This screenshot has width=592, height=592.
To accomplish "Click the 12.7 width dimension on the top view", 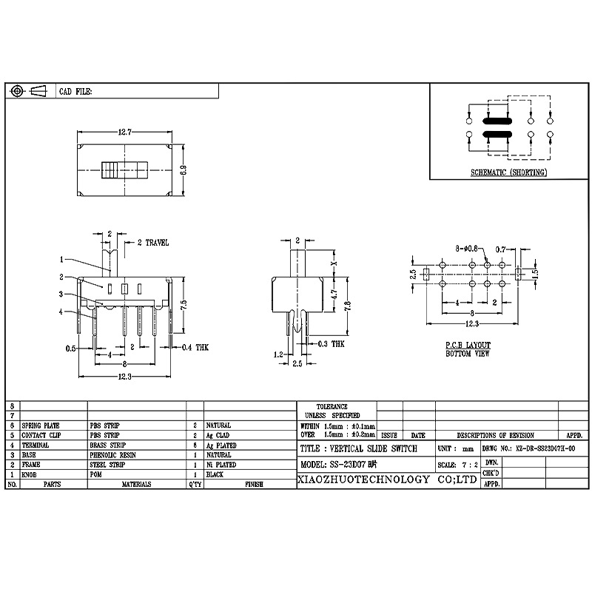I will (124, 132).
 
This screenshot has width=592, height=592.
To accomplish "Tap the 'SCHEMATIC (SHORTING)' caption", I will (508, 172).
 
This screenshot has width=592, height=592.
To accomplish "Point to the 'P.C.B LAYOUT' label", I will (467, 346).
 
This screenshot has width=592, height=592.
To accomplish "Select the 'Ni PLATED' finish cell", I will (221, 465).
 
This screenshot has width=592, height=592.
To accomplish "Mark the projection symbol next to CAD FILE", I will (30, 91).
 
